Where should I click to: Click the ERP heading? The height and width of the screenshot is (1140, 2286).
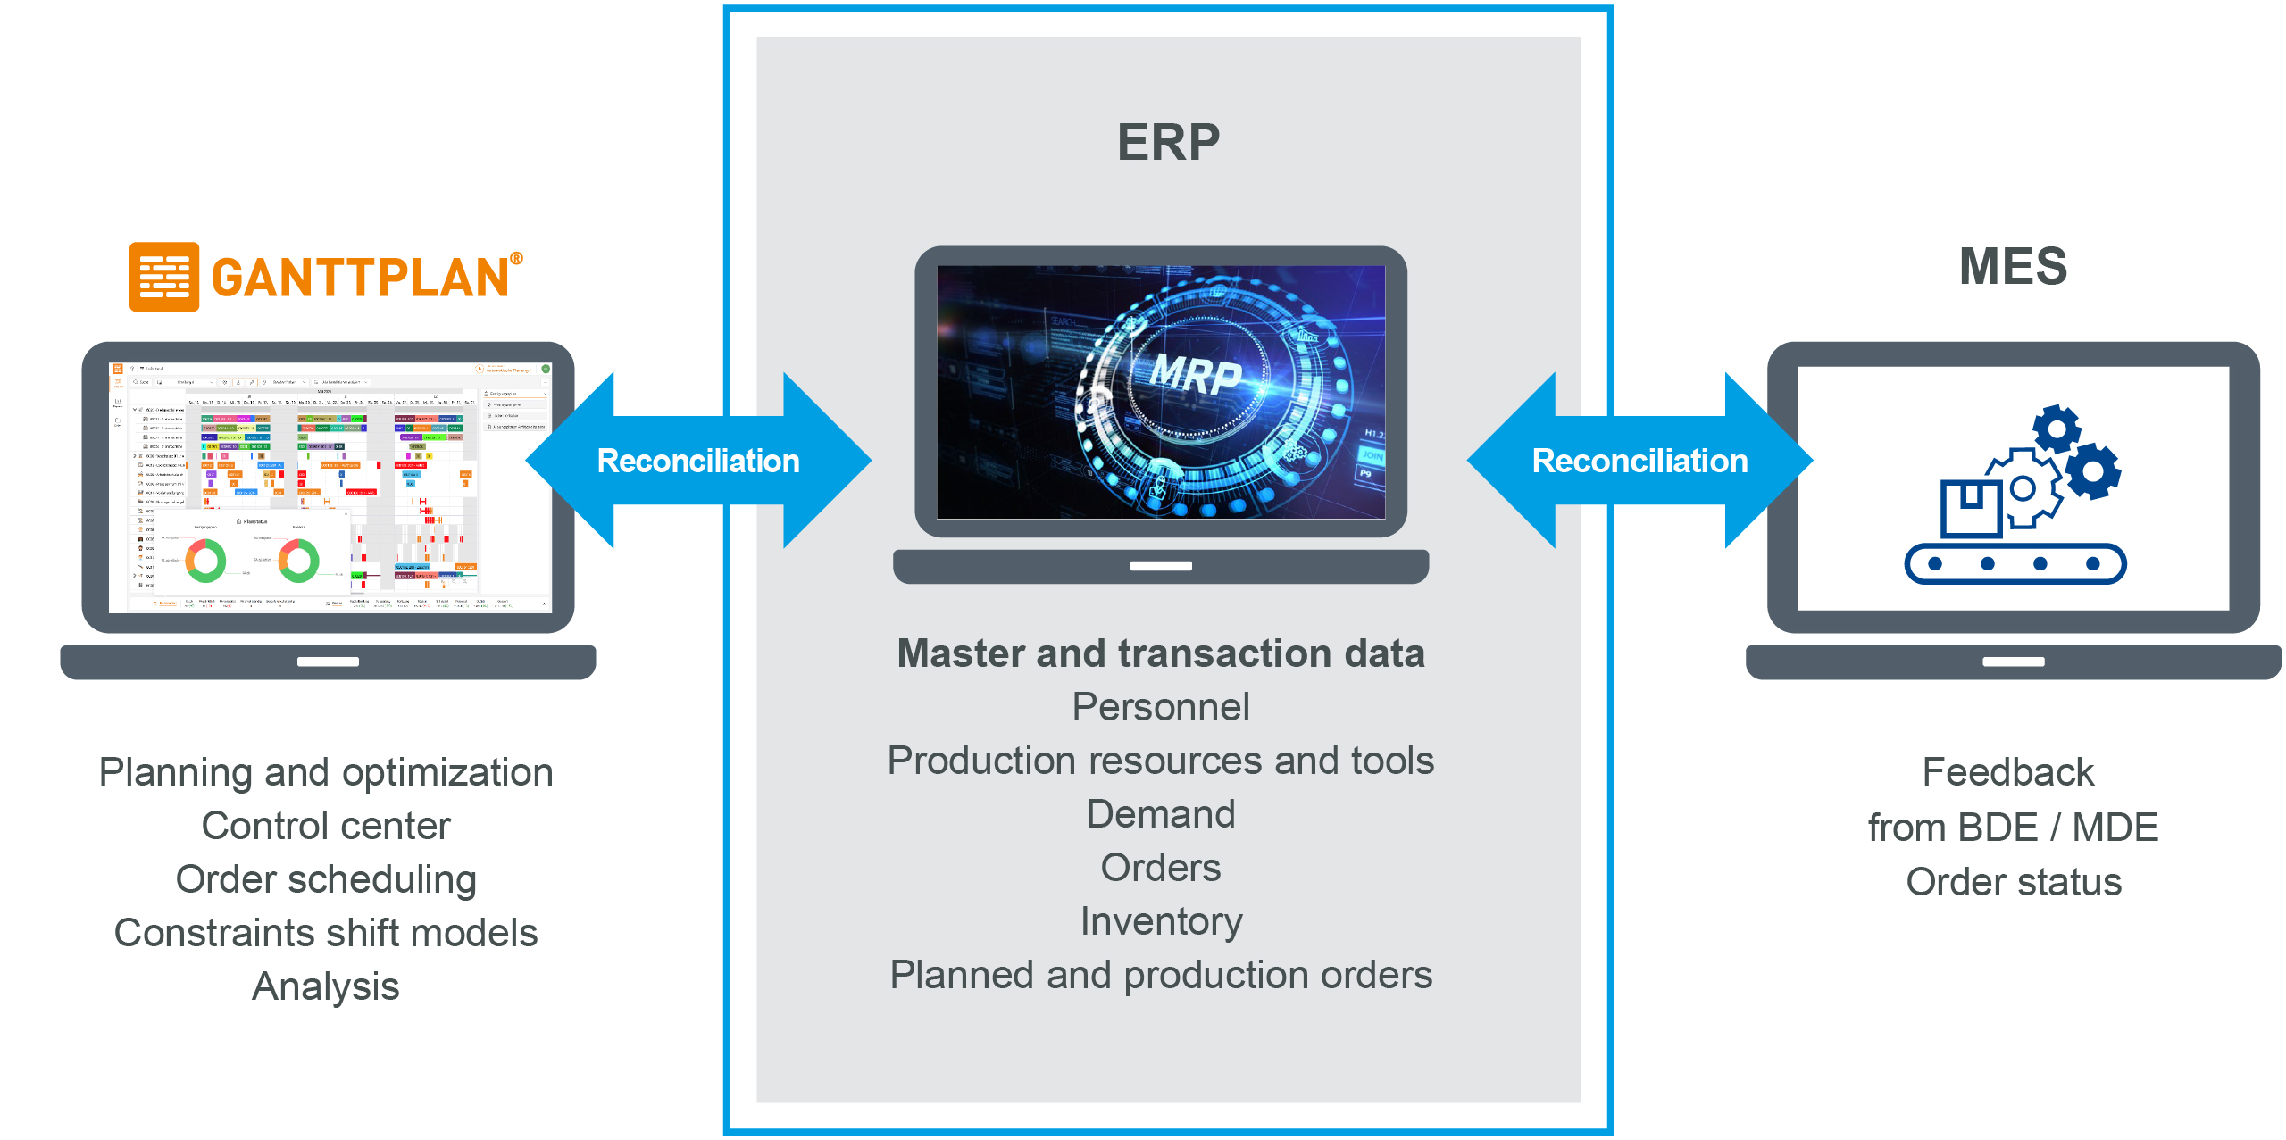[1168, 142]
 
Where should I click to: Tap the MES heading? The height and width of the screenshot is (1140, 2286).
[2013, 266]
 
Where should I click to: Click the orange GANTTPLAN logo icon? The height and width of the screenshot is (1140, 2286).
[164, 277]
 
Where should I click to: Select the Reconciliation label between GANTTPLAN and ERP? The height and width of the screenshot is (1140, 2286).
[698, 461]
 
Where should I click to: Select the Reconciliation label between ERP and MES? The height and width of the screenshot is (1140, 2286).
[1639, 461]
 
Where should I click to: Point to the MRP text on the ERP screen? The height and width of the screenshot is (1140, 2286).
[1196, 374]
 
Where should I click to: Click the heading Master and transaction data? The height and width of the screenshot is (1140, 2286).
[1161, 653]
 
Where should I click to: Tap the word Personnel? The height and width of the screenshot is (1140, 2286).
[1161, 707]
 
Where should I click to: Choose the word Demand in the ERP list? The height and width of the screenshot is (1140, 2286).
[1161, 814]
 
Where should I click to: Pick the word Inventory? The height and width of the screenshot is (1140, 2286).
[1161, 921]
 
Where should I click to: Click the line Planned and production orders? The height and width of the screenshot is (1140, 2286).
[1161, 975]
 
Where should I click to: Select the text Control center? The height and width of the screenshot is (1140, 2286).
[326, 826]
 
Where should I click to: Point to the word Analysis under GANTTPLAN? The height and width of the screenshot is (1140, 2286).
[326, 986]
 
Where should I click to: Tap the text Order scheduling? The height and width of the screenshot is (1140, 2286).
[326, 879]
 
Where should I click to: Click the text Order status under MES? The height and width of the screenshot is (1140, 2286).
[2013, 882]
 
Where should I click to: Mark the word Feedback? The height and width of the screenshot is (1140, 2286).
[2007, 772]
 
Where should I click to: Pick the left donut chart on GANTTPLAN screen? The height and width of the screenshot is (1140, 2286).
[205, 561]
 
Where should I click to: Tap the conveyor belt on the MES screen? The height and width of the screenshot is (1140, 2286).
[2015, 563]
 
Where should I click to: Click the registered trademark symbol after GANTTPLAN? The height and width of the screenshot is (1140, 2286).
[516, 259]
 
